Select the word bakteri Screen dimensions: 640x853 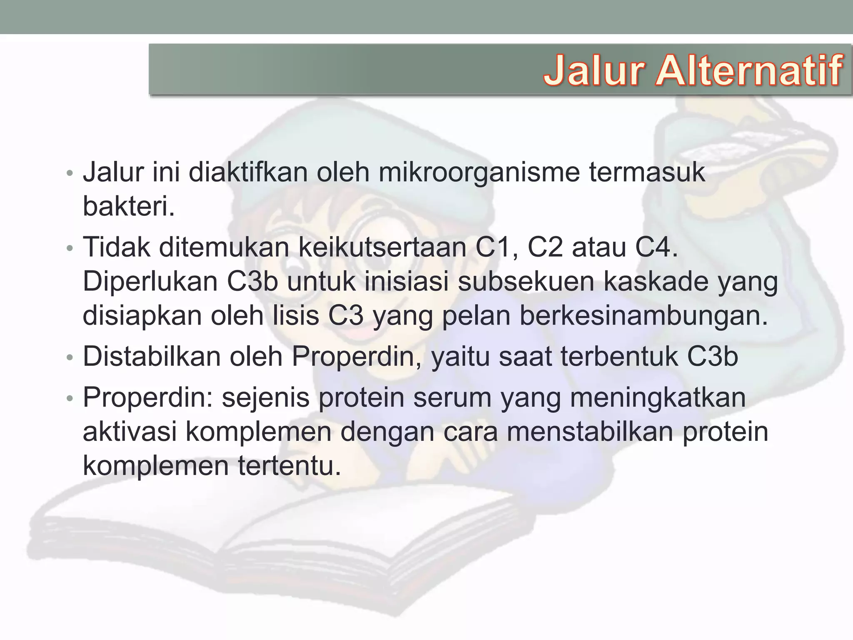coord(128,206)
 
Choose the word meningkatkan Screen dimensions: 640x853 coord(658,397)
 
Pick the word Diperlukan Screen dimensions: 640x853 coord(150,282)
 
